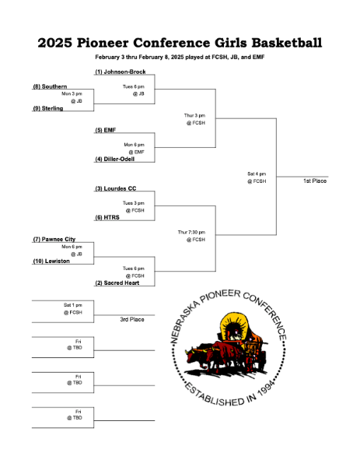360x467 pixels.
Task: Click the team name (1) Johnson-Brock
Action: coord(121,72)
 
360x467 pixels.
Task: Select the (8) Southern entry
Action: coord(50,86)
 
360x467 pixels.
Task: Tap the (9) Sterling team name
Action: coord(48,108)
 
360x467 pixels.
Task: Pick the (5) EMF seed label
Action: coord(105,130)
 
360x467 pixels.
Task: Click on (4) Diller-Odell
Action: coord(114,159)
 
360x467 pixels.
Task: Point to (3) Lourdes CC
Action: coord(115,188)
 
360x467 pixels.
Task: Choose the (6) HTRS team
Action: coord(107,217)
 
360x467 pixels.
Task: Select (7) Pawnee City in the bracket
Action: coord(54,239)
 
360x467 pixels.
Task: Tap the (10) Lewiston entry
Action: coord(51,262)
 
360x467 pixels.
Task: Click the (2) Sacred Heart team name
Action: coord(117,283)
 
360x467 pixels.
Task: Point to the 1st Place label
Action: coord(315,181)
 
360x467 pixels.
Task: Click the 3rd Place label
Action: coord(132,319)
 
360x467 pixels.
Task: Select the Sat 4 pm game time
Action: coord(257,174)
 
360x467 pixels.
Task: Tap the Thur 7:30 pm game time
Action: coord(191,232)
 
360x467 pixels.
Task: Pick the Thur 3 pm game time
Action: coord(194,115)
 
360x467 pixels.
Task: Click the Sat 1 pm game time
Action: coord(72,305)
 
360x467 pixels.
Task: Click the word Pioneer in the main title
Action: coord(103,43)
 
